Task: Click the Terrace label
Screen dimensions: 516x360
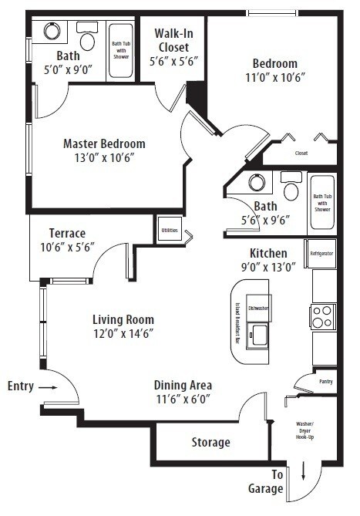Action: click(67, 234)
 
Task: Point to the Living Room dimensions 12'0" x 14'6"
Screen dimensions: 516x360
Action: click(123, 333)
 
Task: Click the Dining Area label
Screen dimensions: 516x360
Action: click(183, 386)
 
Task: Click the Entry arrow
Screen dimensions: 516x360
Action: click(47, 386)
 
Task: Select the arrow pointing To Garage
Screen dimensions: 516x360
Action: click(303, 470)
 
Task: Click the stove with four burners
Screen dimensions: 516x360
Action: click(323, 316)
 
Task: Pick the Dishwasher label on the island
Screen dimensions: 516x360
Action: click(258, 308)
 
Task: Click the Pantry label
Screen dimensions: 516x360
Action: click(326, 381)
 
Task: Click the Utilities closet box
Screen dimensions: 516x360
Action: click(169, 230)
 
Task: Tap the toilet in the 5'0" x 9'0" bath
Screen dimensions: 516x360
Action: click(86, 38)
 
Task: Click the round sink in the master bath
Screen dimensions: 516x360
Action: click(52, 32)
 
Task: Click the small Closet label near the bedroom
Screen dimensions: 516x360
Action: click(301, 153)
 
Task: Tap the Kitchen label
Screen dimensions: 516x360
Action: click(268, 253)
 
